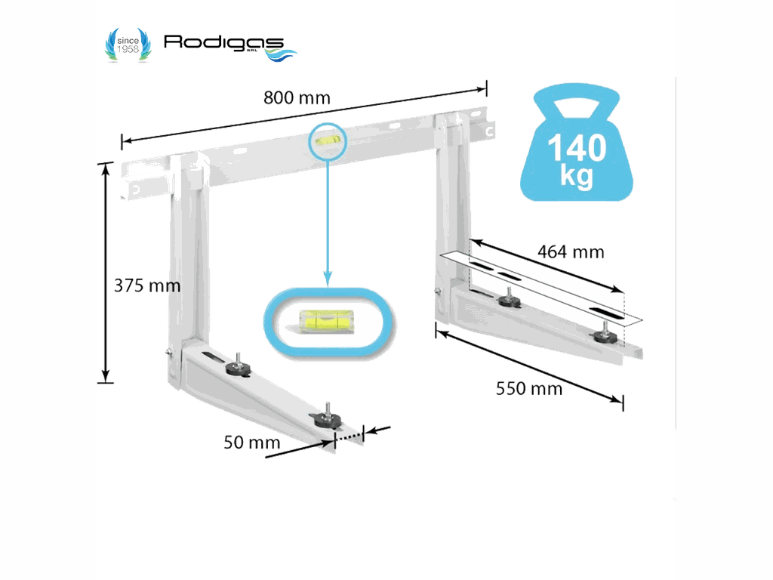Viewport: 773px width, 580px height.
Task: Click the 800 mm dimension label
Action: pyautogui.click(x=297, y=97)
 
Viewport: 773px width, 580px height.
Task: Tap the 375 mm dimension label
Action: pyautogui.click(x=147, y=285)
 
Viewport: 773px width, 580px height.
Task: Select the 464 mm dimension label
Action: pyautogui.click(x=571, y=252)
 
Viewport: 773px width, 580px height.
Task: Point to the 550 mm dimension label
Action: pyautogui.click(x=529, y=389)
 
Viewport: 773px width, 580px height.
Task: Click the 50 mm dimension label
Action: pyautogui.click(x=252, y=443)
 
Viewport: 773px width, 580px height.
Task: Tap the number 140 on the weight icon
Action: pyautogui.click(x=577, y=147)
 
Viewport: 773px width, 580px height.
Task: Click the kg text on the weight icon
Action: pyautogui.click(x=576, y=175)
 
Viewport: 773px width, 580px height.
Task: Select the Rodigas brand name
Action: pyautogui.click(x=224, y=43)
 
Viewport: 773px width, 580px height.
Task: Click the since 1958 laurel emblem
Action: pyautogui.click(x=128, y=45)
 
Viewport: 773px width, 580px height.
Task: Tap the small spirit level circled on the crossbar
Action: pyautogui.click(x=327, y=141)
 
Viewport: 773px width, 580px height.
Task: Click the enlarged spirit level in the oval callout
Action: pyautogui.click(x=326, y=321)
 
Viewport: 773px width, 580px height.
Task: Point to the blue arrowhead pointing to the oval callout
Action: pyautogui.click(x=328, y=278)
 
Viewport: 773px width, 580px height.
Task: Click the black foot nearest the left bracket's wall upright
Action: pyautogui.click(x=238, y=368)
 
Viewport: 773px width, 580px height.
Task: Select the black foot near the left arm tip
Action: pyautogui.click(x=326, y=418)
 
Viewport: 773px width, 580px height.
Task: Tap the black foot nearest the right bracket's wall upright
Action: pyautogui.click(x=509, y=299)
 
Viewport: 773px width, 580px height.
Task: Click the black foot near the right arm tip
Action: pyautogui.click(x=605, y=335)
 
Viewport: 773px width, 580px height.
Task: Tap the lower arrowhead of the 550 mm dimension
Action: pyautogui.click(x=616, y=399)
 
